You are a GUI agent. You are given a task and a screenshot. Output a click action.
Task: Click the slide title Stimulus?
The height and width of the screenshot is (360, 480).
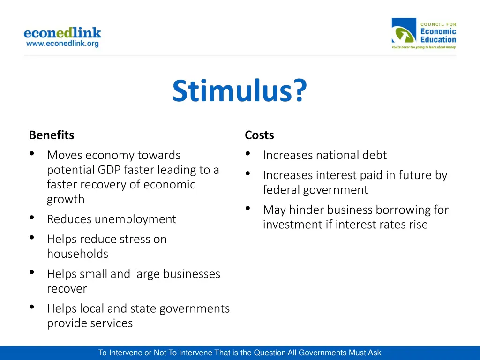[240, 90]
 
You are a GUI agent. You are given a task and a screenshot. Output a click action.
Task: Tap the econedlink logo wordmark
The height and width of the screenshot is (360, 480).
[62, 33]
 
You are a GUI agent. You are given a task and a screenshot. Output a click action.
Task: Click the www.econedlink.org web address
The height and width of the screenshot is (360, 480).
[62, 44]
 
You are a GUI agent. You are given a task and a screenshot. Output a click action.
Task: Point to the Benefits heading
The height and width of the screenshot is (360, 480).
[52, 135]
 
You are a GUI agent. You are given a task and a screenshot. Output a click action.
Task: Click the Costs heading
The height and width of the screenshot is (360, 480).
[259, 135]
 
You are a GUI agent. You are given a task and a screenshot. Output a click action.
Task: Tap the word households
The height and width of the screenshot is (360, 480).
[77, 254]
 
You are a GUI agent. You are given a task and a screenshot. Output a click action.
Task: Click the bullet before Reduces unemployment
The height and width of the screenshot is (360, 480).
[31, 218]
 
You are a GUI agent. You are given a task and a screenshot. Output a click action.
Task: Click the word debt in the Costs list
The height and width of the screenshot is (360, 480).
[374, 155]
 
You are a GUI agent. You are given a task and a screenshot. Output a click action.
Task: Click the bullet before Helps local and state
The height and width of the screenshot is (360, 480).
[31, 307]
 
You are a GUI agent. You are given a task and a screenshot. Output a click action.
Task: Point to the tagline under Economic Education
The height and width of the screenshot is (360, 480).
[424, 47]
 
